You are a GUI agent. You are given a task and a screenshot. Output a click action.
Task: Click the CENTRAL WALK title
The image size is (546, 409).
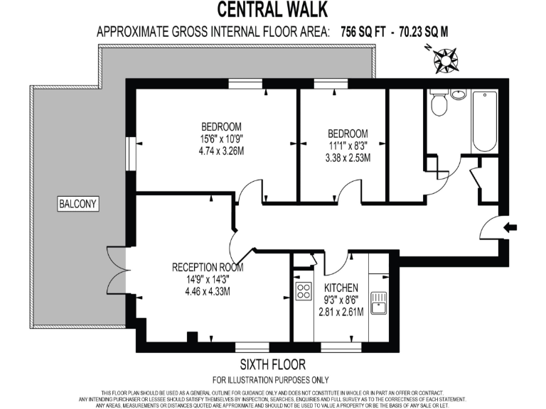[273, 9]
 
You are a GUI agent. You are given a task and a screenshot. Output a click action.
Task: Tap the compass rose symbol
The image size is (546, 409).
[446, 60]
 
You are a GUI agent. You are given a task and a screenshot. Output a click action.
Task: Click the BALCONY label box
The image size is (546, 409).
[77, 204]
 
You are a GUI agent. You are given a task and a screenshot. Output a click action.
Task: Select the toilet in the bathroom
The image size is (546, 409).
[439, 104]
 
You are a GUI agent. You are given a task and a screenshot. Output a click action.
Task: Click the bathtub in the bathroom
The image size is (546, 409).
[486, 120]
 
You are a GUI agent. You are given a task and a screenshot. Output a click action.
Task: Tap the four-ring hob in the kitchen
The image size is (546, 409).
[305, 290]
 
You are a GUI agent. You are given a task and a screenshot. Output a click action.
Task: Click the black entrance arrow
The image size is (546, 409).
[510, 228]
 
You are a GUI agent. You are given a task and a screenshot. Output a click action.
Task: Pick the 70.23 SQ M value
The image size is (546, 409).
[422, 32]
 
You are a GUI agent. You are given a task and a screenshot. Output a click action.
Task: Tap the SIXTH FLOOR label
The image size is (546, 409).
[273, 365]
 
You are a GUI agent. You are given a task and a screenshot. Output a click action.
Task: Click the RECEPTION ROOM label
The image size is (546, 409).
[208, 268]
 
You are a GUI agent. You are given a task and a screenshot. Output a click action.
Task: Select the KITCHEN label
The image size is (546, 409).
[341, 288]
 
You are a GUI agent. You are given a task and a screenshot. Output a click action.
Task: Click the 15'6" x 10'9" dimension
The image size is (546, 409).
[221, 139]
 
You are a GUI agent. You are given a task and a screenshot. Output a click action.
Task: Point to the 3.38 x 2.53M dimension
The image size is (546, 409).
[348, 158]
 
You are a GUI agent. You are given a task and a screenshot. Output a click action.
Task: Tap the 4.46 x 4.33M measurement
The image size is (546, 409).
[208, 290]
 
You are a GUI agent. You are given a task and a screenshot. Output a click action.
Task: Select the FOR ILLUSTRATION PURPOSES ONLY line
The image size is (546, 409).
[273, 380]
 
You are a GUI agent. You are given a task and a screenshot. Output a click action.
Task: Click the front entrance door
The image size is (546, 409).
[491, 229]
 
